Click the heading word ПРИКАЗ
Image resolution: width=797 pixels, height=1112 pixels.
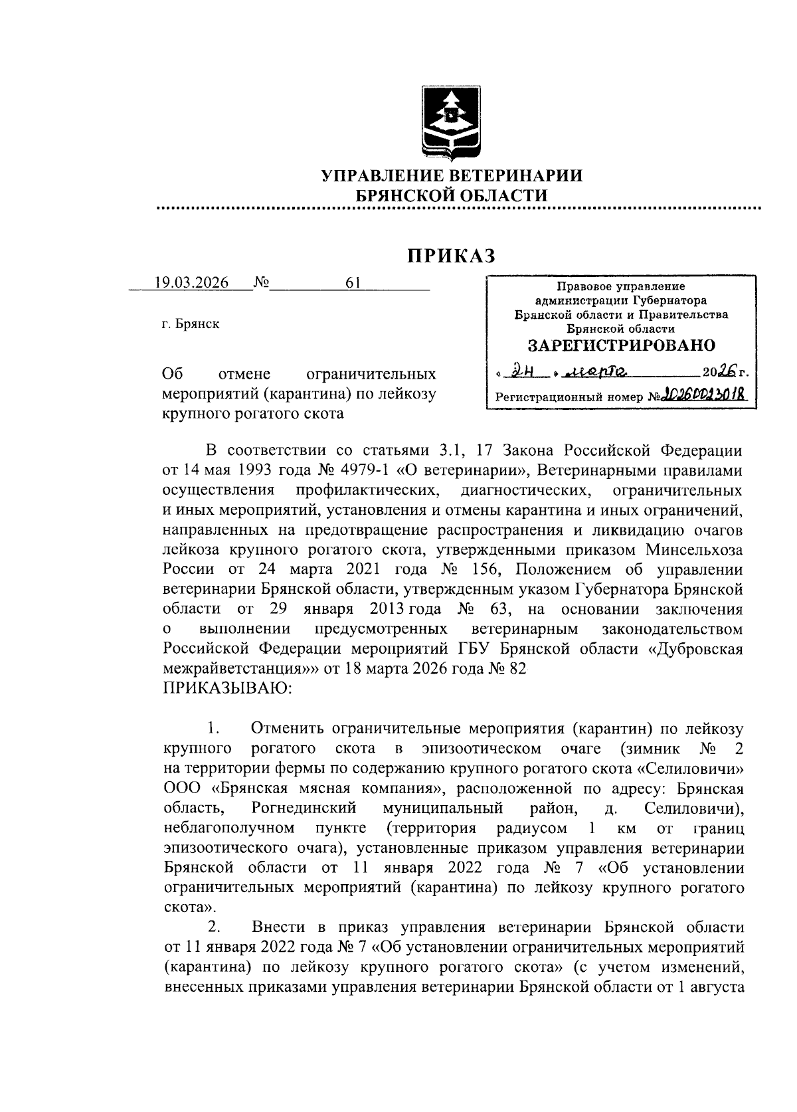coord(452,255)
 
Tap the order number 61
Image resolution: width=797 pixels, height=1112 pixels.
coord(353,283)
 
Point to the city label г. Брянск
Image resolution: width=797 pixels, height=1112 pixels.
coord(191,325)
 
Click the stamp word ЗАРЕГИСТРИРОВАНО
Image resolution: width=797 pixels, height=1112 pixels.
coord(621,345)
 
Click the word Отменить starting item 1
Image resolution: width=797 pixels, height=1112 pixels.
coord(288,730)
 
